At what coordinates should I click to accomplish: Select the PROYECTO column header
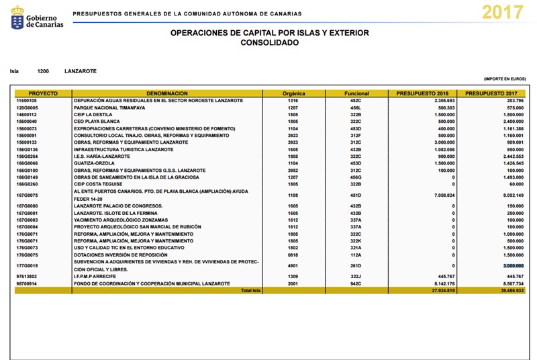point(43,93)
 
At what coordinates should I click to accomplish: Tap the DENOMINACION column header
point(166,93)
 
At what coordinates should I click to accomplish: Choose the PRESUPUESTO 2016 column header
point(422,93)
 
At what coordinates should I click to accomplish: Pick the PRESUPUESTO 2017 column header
point(491,93)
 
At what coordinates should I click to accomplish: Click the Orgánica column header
point(294,93)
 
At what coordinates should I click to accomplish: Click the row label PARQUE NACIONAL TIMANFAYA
point(110,107)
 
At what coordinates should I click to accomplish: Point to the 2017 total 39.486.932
point(509,291)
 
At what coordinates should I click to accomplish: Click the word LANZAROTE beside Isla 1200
point(81,71)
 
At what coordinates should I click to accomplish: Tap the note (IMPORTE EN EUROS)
point(504,79)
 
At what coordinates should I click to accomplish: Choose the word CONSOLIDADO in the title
point(269,42)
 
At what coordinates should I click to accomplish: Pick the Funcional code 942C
point(356,284)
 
